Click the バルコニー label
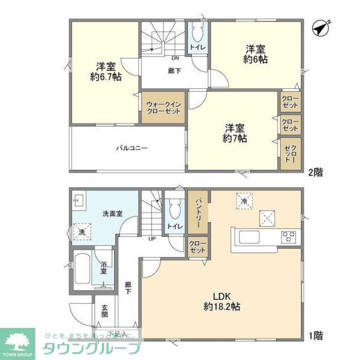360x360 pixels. [x=131, y=148]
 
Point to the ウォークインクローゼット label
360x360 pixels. [x=163, y=108]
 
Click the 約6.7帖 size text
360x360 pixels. [x=105, y=77]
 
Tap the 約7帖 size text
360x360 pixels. [x=235, y=138]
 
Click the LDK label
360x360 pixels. [x=222, y=297]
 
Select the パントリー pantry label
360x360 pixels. [x=198, y=212]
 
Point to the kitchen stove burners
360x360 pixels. [x=289, y=237]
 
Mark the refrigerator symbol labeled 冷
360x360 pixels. [x=244, y=201]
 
